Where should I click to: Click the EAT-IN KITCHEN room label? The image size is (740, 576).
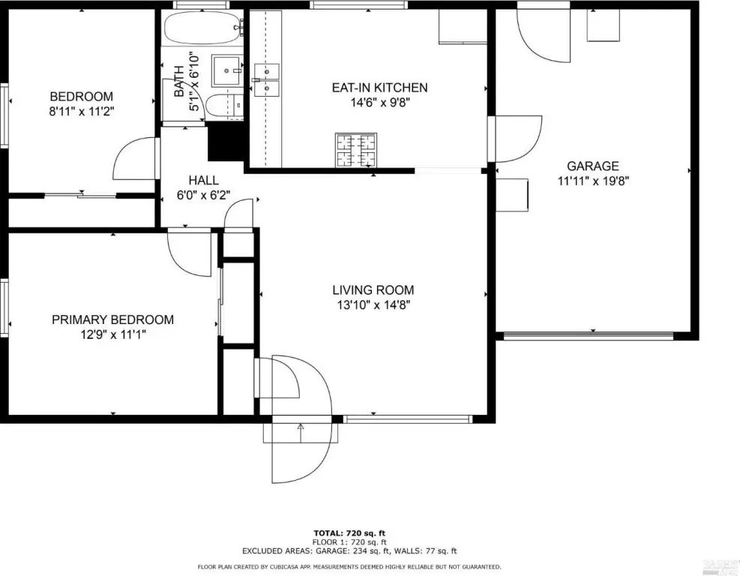[x=379, y=88]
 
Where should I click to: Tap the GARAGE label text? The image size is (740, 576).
[x=593, y=166]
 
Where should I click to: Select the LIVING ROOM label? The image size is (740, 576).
[x=373, y=290]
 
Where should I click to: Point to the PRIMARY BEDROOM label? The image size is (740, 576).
[x=112, y=319]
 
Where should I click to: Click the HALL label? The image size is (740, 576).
[x=203, y=180]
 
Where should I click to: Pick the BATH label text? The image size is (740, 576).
[x=179, y=82]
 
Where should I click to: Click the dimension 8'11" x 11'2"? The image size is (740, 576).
[x=82, y=112]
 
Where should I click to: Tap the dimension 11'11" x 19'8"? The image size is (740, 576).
[x=593, y=181]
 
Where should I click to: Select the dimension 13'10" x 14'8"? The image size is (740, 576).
[x=373, y=305]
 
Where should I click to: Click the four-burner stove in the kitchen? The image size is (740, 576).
[x=356, y=150]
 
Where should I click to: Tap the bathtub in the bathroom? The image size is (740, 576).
[x=202, y=28]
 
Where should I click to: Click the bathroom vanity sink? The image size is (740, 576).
[x=227, y=70]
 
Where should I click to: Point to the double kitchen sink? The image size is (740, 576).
[x=267, y=79]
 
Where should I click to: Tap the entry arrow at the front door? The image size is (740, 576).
[x=301, y=433]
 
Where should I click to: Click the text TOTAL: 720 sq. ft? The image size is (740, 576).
[x=349, y=534]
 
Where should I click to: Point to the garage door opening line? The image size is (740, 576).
[x=589, y=336]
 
